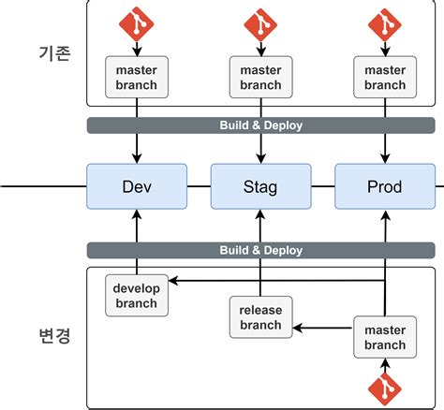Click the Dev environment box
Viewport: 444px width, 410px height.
pyautogui.click(x=137, y=186)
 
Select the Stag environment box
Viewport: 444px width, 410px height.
pyautogui.click(x=260, y=186)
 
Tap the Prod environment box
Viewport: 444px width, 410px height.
pyautogui.click(x=384, y=186)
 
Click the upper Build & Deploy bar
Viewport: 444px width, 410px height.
pyautogui.click(x=260, y=124)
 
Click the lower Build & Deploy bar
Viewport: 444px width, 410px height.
pyautogui.click(x=260, y=250)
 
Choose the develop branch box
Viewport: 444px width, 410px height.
pyautogui.click(x=137, y=296)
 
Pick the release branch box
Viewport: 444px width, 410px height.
pyautogui.click(x=260, y=317)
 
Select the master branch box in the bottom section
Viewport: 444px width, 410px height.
pyautogui.click(x=384, y=338)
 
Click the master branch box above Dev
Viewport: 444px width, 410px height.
pyautogui.click(x=137, y=77)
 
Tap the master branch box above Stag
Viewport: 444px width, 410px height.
pyautogui.click(x=260, y=77)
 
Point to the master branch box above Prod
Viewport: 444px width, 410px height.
pyautogui.click(x=384, y=77)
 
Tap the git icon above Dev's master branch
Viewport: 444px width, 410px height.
pyautogui.click(x=137, y=22)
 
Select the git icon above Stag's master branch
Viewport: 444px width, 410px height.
pyautogui.click(x=260, y=22)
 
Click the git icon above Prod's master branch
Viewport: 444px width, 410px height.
pyautogui.click(x=384, y=22)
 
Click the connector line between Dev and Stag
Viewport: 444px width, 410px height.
pyautogui.click(x=199, y=186)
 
